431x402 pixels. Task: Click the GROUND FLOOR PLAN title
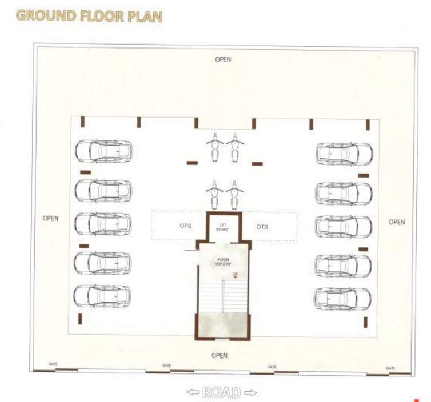[89, 16]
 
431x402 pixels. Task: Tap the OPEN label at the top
[223, 59]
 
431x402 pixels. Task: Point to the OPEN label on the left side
[50, 218]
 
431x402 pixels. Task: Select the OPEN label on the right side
[397, 222]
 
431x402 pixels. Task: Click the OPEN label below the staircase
[220, 355]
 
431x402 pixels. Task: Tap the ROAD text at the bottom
[222, 392]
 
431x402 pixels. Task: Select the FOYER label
[222, 261]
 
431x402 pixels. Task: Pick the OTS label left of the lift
[185, 226]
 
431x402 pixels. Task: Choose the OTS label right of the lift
[262, 227]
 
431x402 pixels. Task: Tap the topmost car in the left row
[103, 151]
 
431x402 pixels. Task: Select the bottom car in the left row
[102, 296]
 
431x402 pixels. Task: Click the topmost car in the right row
[344, 154]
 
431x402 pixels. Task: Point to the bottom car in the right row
[343, 299]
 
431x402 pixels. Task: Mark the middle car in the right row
[344, 226]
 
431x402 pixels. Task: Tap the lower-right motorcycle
[232, 194]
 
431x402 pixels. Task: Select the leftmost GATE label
[53, 364]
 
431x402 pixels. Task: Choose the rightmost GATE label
[390, 368]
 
